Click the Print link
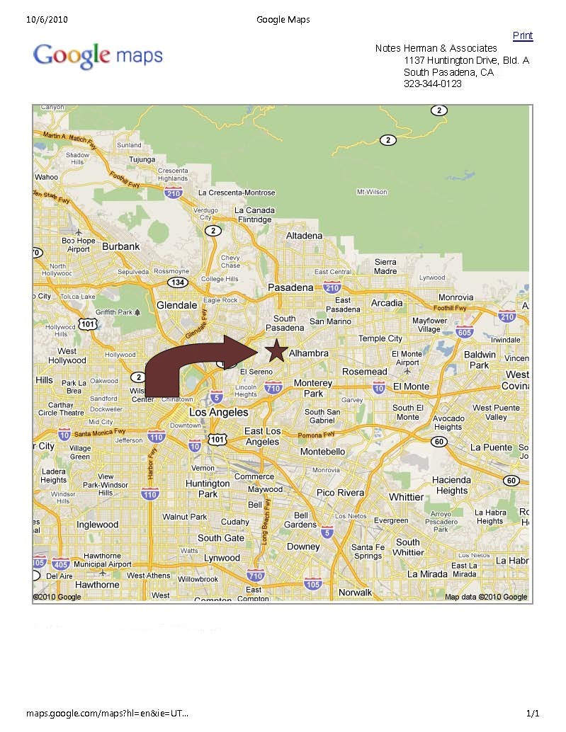523,36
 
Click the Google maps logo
98,56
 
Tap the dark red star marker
276,350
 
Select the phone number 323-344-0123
432,84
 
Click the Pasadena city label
290,287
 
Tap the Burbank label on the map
121,246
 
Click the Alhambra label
309,353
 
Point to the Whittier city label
406,497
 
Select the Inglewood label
97,525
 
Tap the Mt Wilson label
372,192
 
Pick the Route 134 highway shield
177,283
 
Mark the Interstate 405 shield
61,564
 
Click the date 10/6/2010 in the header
47,19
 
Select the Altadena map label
304,236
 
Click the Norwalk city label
355,592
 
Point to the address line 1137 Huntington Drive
466,61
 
